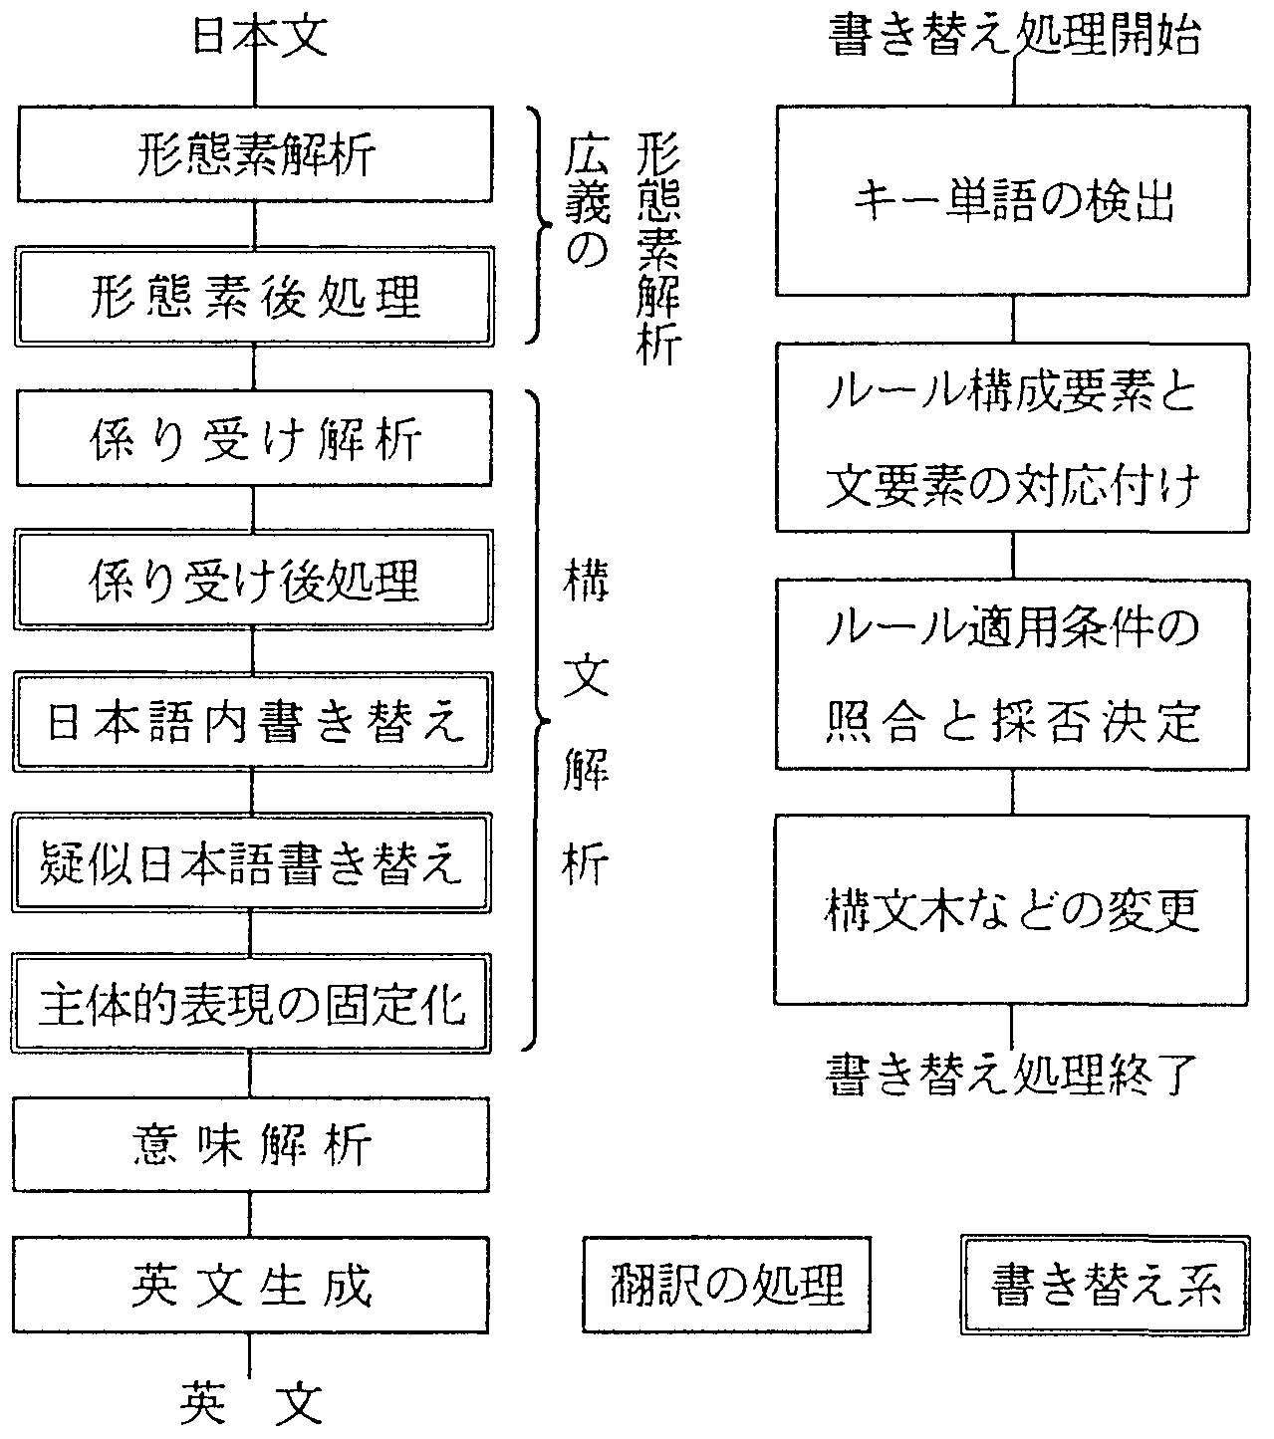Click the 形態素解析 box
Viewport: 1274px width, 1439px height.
point(254,155)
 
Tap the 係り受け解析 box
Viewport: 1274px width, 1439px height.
point(254,439)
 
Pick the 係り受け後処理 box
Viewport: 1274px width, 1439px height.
point(254,581)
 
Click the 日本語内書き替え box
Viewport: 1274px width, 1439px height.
point(254,722)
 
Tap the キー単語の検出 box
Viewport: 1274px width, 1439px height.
point(1013,202)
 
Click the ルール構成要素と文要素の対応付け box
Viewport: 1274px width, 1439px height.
point(1013,438)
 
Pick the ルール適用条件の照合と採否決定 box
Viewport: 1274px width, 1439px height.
point(1013,675)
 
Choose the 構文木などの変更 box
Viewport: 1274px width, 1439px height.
point(1013,910)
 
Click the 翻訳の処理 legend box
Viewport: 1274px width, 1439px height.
point(725,1286)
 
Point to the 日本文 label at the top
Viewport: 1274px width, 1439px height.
point(257,39)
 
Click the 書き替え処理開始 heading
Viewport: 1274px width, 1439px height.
point(1014,39)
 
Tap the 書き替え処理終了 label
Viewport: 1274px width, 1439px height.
point(1012,1075)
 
